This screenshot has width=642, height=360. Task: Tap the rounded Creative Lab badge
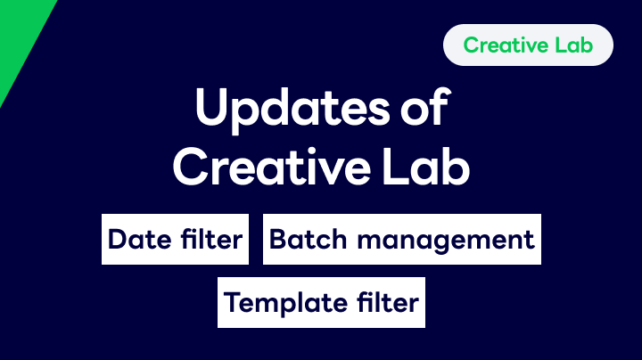(528, 45)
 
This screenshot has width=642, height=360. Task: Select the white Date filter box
(175, 239)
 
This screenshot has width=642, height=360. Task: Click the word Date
(137, 240)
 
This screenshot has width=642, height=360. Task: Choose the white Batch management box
(401, 239)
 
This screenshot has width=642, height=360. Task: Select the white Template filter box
(321, 302)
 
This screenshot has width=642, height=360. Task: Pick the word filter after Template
(385, 302)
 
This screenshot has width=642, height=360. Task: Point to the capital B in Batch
(277, 239)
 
